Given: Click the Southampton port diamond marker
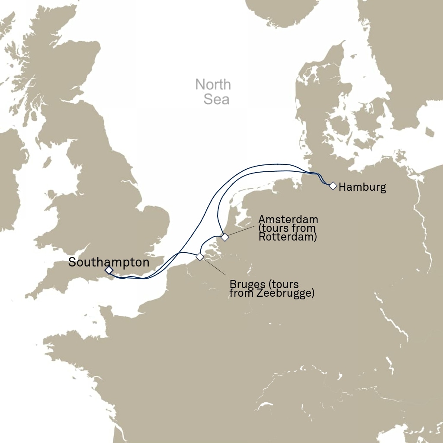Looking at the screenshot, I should click(109, 270).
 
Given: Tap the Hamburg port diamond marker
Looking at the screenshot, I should click(333, 186).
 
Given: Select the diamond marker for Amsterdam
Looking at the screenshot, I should click(225, 237).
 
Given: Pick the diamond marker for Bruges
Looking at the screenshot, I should click(199, 257).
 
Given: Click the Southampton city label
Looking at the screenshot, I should click(109, 262).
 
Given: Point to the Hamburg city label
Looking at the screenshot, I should click(362, 187).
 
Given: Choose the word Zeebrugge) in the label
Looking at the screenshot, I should click(289, 294).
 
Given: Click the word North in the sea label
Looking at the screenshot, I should click(213, 84).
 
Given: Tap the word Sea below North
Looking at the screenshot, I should click(216, 100).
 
